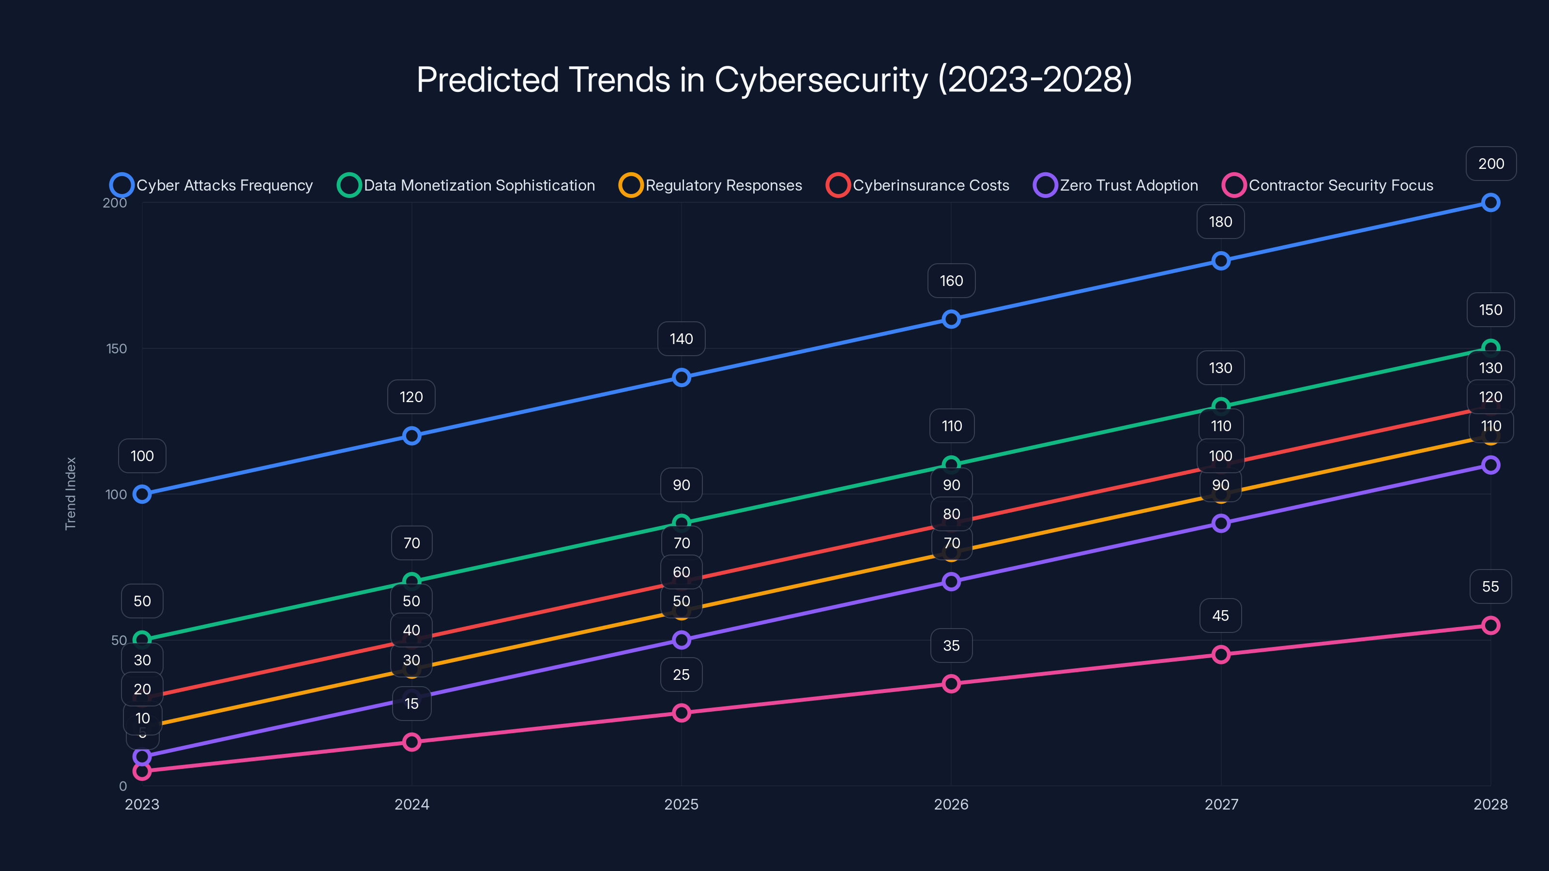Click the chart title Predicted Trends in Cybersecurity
[x=774, y=80]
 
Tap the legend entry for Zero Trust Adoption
[x=1116, y=185]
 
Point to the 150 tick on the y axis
[x=117, y=348]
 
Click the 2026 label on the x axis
[x=951, y=804]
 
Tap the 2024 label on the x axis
[x=411, y=804]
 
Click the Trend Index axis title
[x=71, y=494]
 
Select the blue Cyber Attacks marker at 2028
[x=1490, y=203]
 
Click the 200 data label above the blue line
[x=1491, y=164]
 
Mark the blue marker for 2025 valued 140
[x=681, y=377]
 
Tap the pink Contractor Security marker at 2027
[x=1221, y=655]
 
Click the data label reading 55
[x=1490, y=586]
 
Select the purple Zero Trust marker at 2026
[x=951, y=581]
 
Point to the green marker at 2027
[x=1221, y=406]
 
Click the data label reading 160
[x=951, y=281]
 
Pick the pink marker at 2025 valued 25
[x=681, y=713]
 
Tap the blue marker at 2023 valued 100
[x=142, y=494]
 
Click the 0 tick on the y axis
[x=122, y=786]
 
